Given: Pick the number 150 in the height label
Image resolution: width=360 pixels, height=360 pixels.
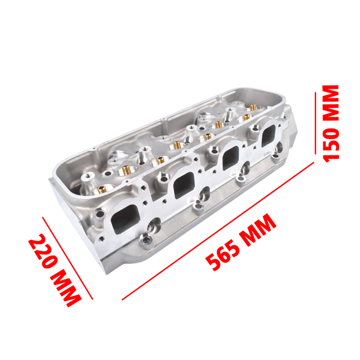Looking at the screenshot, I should coord(331,142).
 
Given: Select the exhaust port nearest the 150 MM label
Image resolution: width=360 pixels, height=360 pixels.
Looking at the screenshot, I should coord(270,139).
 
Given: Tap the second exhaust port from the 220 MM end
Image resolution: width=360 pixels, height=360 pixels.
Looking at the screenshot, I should coord(183,186).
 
